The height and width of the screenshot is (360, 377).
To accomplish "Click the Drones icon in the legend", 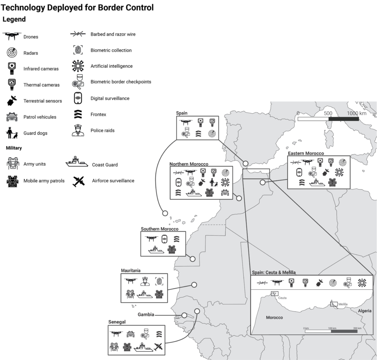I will (12, 36).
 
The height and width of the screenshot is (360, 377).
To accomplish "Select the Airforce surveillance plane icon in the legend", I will (78, 181).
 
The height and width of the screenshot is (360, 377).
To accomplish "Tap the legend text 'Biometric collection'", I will (111, 50).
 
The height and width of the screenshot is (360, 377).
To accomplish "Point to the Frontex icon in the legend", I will (78, 114).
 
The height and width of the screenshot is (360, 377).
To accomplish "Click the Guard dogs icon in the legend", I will (12, 133).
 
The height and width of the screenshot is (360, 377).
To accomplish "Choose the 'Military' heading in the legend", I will (14, 148).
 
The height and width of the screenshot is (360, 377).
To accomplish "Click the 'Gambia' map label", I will (146, 315).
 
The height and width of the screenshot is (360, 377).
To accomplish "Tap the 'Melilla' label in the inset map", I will (343, 304).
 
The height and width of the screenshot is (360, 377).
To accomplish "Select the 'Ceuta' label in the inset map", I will (283, 298).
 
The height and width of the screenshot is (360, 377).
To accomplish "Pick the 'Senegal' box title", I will (117, 322).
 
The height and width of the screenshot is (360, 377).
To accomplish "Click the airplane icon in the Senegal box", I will (158, 346).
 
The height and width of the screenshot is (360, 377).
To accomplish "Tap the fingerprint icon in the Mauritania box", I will (159, 282).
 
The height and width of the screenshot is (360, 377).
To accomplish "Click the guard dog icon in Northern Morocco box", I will (214, 182).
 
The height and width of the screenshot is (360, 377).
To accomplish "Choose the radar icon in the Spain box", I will (212, 134).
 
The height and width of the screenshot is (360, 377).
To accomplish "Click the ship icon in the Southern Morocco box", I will (156, 250).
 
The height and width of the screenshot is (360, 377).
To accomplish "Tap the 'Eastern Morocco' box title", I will (306, 153).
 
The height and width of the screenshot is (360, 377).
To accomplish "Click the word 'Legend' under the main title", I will (14, 19).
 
